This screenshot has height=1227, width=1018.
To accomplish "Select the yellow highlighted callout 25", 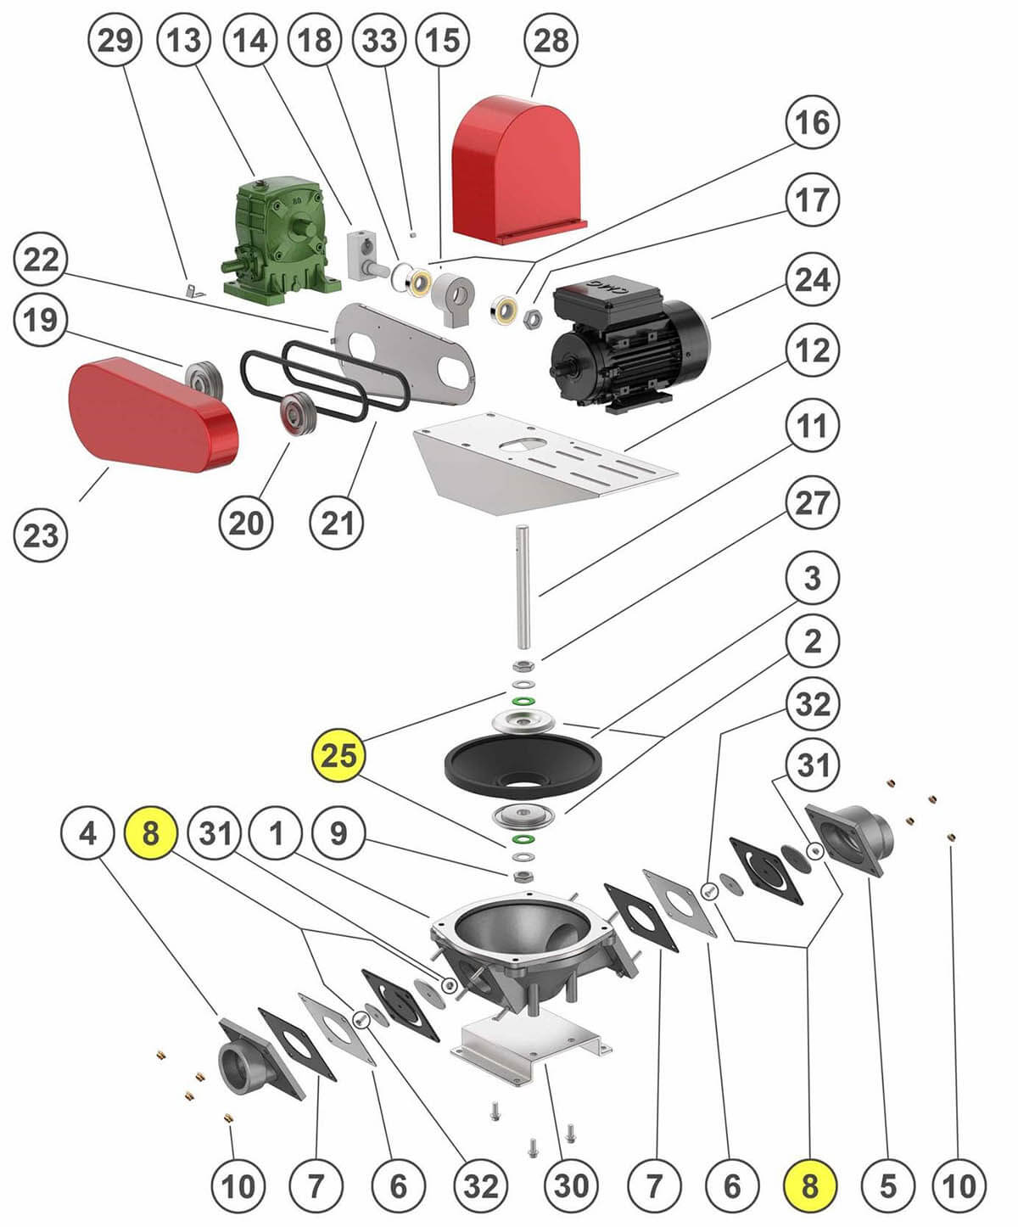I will pyautogui.click(x=338, y=754).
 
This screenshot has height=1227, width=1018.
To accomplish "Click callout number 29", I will pyautogui.click(x=115, y=40).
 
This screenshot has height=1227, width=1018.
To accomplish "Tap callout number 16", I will pyautogui.click(x=812, y=123).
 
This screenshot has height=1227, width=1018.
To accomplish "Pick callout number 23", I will pyautogui.click(x=40, y=535).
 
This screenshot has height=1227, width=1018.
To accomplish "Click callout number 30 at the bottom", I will pyautogui.click(x=570, y=1185).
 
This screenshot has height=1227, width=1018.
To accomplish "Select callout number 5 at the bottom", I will pyautogui.click(x=887, y=1185).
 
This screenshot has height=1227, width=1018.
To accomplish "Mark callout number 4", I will pyautogui.click(x=87, y=834).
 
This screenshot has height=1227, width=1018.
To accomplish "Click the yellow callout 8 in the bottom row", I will pyautogui.click(x=810, y=1185).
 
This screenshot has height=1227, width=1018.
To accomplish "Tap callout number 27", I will pyautogui.click(x=812, y=503).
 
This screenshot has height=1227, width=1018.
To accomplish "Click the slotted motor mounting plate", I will pyautogui.click(x=543, y=462).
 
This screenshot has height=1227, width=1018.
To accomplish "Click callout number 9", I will pyautogui.click(x=338, y=834).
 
